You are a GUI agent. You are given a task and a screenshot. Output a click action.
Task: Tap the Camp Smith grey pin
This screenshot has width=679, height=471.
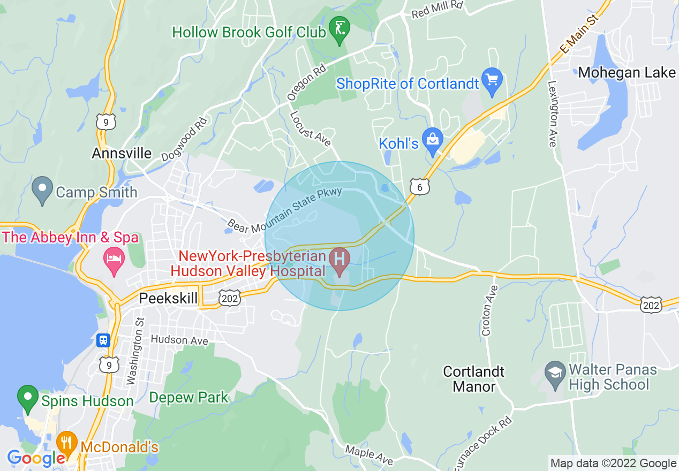click(41, 189)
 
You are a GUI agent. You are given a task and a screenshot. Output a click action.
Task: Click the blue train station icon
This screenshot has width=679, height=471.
click(103, 340)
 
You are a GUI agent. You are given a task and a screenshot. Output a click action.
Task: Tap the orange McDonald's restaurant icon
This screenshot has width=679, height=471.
click(66, 442)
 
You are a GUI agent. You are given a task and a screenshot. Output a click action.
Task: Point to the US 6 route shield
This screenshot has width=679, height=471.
click(420, 186)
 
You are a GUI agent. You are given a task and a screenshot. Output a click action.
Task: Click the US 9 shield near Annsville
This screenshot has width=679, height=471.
click(106, 121)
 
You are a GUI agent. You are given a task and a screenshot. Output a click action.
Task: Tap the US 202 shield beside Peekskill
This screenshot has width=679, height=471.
click(230, 299)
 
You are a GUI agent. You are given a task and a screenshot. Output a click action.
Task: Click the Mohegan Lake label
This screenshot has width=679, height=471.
click(627, 72)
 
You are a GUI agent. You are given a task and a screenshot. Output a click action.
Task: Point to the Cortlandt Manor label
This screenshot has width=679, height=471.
click(474, 378)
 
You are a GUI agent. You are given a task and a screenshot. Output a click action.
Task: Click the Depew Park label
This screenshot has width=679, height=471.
click(188, 398)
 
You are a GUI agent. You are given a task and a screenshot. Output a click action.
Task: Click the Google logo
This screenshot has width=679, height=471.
click(36, 458)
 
